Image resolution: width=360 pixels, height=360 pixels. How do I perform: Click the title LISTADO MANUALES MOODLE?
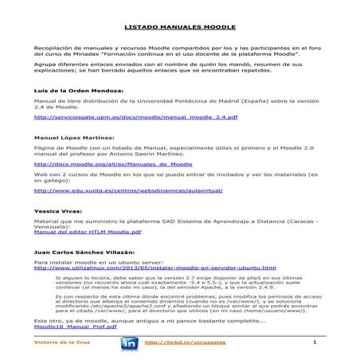click(180, 27)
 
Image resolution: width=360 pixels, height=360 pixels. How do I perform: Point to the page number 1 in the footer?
click(315, 342)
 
